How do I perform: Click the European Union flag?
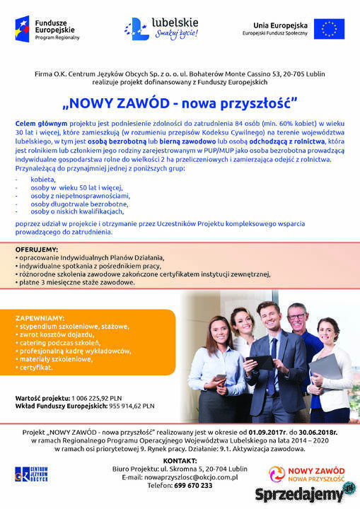329,30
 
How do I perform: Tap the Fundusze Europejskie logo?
42,29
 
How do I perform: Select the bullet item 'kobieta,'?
44,180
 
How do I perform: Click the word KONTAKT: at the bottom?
180,460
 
